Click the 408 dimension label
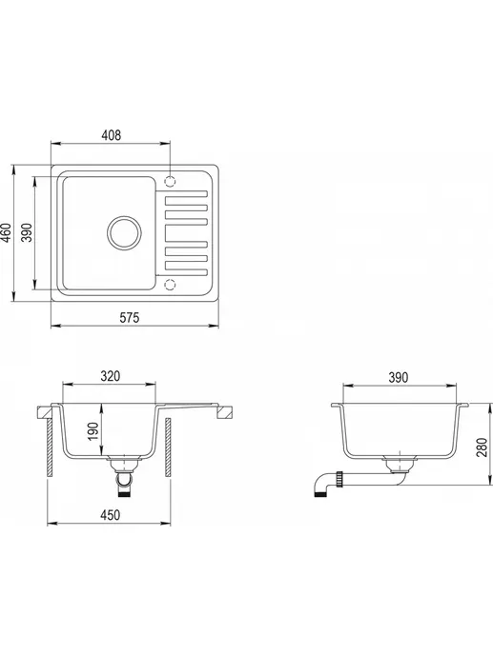111,136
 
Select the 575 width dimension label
130,319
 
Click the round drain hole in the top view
123,231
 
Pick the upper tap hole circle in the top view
171,179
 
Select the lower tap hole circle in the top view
171,284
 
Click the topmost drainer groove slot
186,200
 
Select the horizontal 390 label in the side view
398,377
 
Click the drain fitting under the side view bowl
398,466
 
